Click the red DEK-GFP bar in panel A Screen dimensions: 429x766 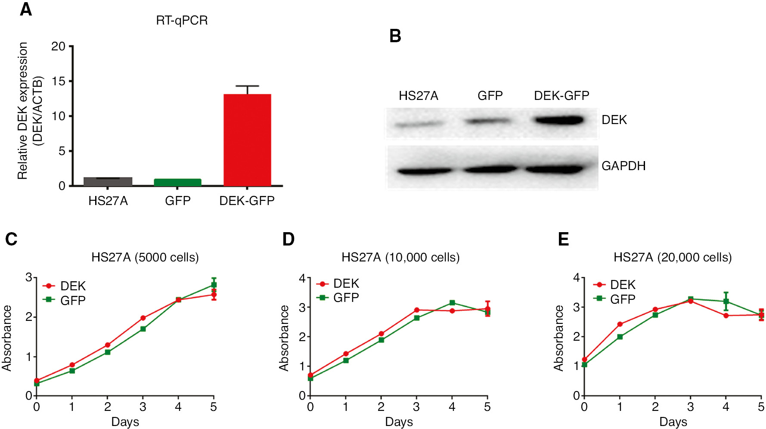(x=247, y=140)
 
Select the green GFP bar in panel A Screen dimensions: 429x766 (x=177, y=182)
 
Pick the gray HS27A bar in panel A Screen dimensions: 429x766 (x=108, y=181)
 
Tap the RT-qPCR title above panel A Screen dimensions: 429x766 (x=182, y=20)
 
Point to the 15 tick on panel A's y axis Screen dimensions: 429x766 (x=59, y=81)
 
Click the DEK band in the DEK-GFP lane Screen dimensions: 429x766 (x=559, y=120)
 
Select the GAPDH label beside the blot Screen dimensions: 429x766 (x=623, y=166)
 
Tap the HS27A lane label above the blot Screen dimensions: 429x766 (x=418, y=96)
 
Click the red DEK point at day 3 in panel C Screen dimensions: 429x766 (x=143, y=318)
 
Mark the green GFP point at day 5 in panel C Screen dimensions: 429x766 (x=214, y=285)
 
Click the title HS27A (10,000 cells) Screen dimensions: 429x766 (x=400, y=258)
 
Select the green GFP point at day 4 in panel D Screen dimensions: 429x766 (x=452, y=303)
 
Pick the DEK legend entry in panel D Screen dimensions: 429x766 (x=338, y=283)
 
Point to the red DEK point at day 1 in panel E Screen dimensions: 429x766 (x=620, y=324)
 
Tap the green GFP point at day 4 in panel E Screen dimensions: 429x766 (x=726, y=302)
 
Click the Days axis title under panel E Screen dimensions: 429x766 (x=673, y=422)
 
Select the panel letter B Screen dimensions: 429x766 (x=395, y=36)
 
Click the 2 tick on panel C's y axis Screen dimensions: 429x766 (x=29, y=317)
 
